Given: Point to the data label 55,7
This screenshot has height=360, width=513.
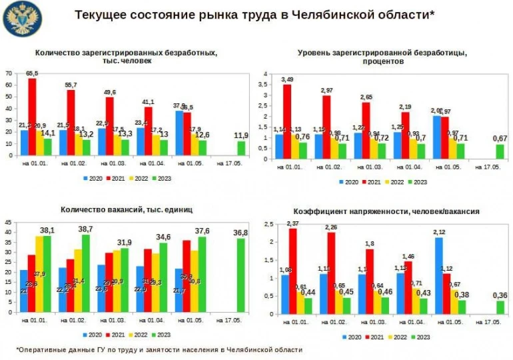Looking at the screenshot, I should click(x=71, y=85).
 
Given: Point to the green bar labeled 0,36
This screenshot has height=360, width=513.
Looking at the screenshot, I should click(x=500, y=307).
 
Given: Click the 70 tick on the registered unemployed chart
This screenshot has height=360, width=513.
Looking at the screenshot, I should click(x=9, y=73).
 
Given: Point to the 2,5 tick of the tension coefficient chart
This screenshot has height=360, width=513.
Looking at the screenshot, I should click(x=268, y=224).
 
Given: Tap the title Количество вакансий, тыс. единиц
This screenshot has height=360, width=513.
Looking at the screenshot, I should click(x=126, y=209).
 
